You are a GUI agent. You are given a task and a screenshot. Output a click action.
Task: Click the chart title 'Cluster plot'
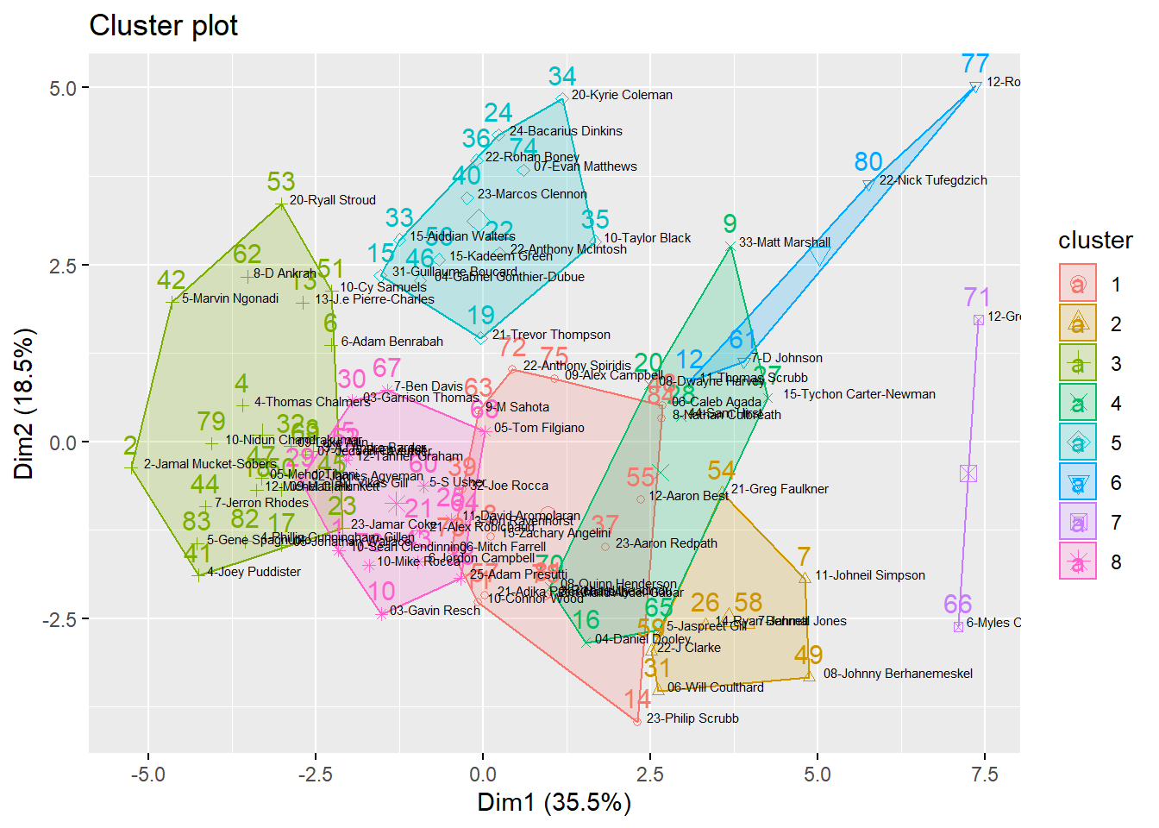163,26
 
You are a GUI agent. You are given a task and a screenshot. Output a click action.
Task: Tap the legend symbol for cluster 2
1078,323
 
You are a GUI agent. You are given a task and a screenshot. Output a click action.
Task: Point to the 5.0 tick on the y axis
63,88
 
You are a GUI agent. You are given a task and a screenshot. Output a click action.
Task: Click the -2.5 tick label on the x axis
315,775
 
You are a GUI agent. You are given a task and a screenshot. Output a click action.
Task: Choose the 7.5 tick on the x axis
985,775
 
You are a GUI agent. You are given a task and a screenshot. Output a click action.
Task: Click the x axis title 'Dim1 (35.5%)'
554,802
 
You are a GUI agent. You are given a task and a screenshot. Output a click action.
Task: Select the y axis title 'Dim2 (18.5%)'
24,404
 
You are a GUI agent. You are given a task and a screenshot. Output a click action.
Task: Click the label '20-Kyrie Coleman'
622,95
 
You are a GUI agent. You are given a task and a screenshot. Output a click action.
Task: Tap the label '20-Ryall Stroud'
332,200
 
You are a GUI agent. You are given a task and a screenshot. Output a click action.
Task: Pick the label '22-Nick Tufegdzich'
933,180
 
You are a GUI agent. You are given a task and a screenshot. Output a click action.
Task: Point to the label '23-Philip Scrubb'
692,718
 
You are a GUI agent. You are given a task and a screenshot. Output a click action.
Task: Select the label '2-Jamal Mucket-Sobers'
210,464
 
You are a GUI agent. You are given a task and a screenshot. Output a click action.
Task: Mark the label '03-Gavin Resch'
435,611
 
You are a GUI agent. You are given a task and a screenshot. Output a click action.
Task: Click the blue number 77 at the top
975,64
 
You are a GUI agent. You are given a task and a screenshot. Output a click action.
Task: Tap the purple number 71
977,298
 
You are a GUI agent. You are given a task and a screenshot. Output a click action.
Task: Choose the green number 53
281,182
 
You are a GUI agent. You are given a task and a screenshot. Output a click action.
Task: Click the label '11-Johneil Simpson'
870,575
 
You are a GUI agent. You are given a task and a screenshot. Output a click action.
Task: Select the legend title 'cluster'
1095,241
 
